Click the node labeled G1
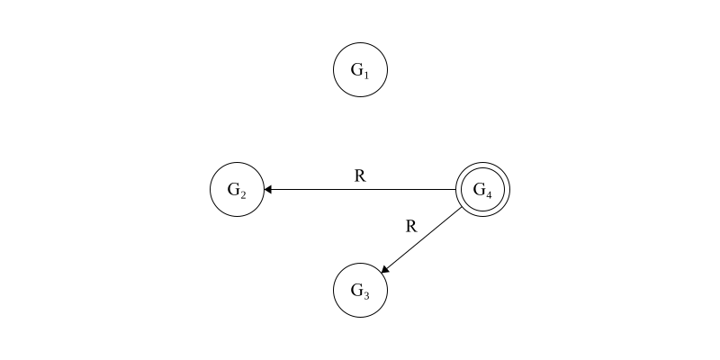point(360,69)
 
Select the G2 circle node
point(237,190)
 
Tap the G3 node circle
point(360,290)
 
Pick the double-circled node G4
point(483,190)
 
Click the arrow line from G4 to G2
point(360,190)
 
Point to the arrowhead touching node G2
point(268,190)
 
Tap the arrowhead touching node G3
point(385,269)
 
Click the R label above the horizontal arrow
point(360,176)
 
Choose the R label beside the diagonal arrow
point(411,226)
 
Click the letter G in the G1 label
point(356,68)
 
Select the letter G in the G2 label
point(233,189)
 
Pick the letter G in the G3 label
point(356,289)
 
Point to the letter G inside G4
point(480,189)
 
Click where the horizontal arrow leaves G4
point(456,190)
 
